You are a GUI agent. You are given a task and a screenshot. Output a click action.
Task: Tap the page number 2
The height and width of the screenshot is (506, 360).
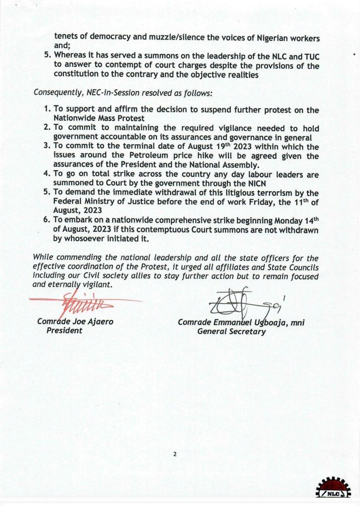pyautogui.click(x=174, y=454)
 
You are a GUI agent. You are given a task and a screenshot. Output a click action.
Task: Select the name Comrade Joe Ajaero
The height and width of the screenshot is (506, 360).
pyautogui.click(x=75, y=321)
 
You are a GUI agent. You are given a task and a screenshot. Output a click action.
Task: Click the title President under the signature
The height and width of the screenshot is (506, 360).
pyautogui.click(x=64, y=330)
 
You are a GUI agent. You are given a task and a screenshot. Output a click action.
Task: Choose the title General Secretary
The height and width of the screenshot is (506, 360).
pyautogui.click(x=231, y=332)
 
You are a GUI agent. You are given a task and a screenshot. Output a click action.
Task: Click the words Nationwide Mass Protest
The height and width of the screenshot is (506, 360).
pyautogui.click(x=99, y=118)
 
